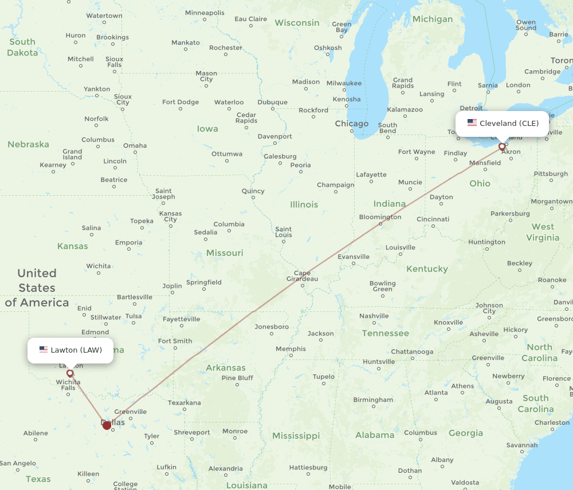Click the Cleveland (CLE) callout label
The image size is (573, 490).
tap(502, 123)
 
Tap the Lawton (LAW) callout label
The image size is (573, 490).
tap(70, 350)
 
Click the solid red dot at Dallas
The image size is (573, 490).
tap(107, 425)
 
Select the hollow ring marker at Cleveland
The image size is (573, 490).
tap(503, 147)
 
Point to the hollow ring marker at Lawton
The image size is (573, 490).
tap(70, 373)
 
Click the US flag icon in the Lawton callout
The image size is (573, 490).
tap(44, 350)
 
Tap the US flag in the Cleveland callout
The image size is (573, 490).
tap(472, 123)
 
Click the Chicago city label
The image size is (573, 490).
tap(351, 124)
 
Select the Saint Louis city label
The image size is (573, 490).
tap(284, 232)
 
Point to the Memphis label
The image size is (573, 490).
tap(291, 349)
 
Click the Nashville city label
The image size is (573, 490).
tap(374, 316)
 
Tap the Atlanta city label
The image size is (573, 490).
tap(436, 392)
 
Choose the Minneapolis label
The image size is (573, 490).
tap(205, 13)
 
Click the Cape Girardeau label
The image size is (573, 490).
tap(302, 276)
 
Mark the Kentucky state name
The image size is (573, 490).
tap(427, 268)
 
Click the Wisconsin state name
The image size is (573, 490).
tap(297, 23)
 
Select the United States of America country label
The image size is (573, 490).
tap(37, 288)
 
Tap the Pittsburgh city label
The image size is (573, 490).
tap(551, 173)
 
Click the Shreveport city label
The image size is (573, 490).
tap(192, 432)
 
